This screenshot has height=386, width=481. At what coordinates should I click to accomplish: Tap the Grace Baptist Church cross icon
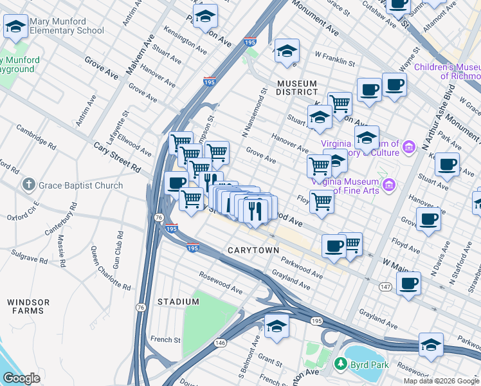(x=28, y=185)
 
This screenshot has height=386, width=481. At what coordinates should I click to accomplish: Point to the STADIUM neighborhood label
(x=178, y=302)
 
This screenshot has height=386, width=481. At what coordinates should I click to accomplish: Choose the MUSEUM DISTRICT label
(x=296, y=88)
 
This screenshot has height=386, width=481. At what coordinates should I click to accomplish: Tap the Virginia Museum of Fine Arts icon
(x=388, y=187)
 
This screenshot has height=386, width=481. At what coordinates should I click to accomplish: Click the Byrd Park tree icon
(x=340, y=365)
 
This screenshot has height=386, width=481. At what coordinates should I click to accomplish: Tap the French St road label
(x=165, y=339)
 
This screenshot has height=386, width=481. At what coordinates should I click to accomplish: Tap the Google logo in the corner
(x=21, y=378)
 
